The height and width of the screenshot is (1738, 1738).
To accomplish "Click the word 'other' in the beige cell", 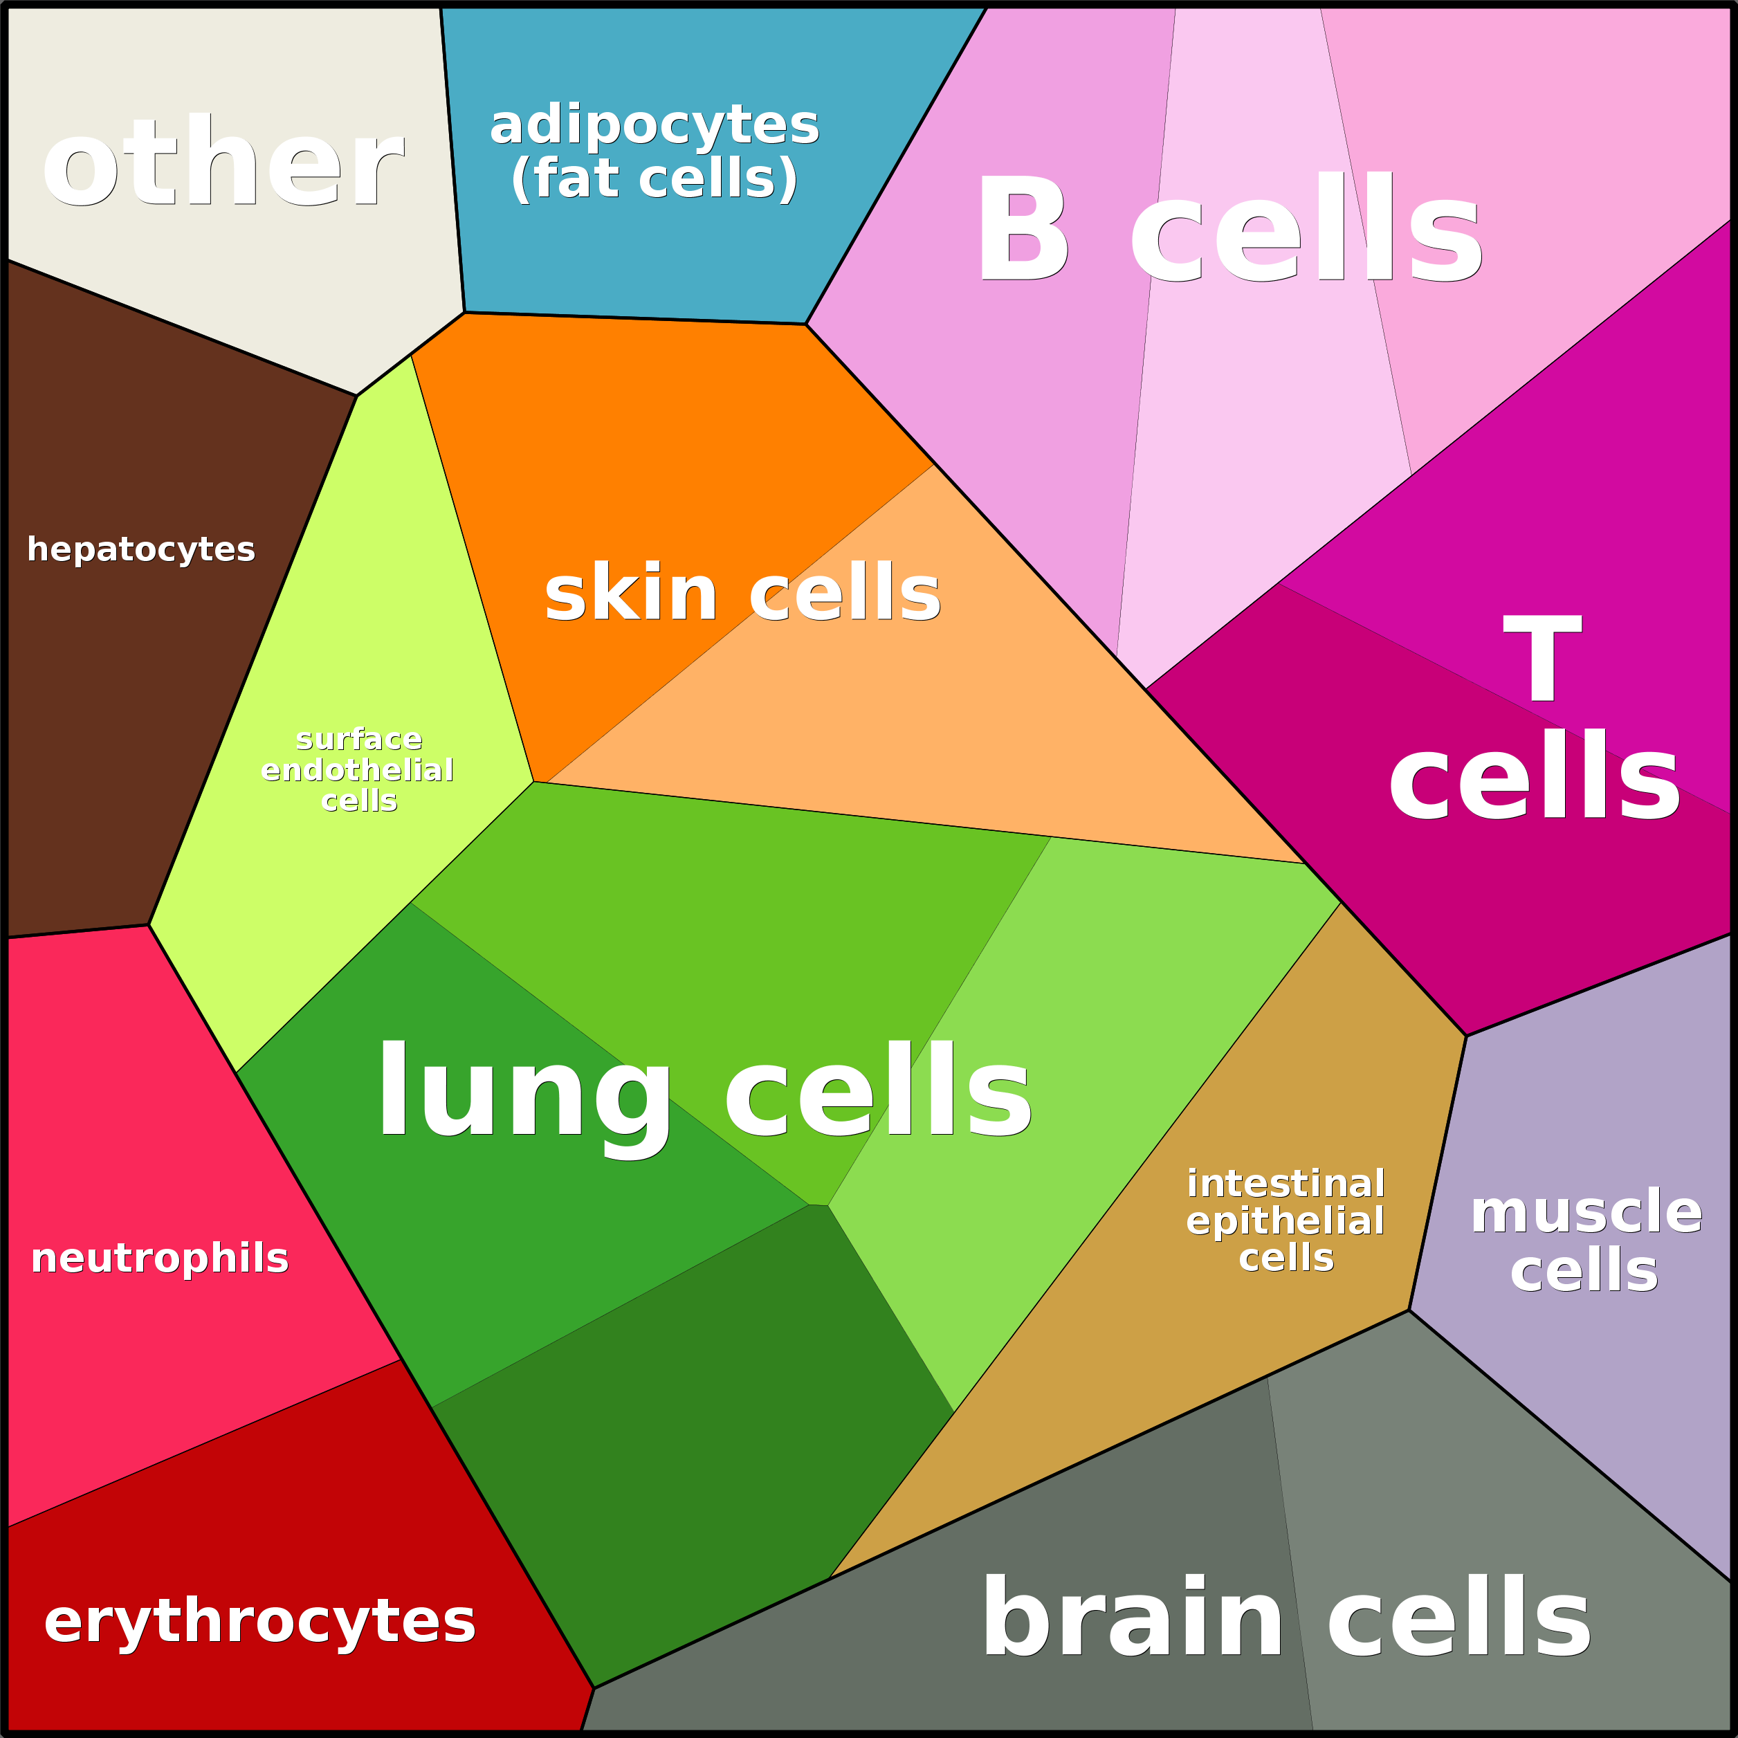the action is click(x=223, y=162).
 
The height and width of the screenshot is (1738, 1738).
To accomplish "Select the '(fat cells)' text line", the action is click(x=654, y=178).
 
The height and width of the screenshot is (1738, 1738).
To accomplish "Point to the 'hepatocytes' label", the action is click(x=141, y=549).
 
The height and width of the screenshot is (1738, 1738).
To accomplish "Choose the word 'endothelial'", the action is click(x=357, y=769).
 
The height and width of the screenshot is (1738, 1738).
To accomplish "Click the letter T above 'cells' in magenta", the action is click(x=1542, y=657).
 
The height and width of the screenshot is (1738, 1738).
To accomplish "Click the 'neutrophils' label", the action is click(x=159, y=1258).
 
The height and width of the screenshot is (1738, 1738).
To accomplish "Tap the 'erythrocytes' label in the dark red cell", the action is click(x=260, y=1621).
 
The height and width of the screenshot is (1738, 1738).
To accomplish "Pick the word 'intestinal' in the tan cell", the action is click(x=1286, y=1184).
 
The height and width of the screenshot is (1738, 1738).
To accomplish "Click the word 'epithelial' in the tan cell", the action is click(x=1286, y=1220).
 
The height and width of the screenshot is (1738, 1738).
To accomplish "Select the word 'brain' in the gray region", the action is click(x=1133, y=1616).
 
